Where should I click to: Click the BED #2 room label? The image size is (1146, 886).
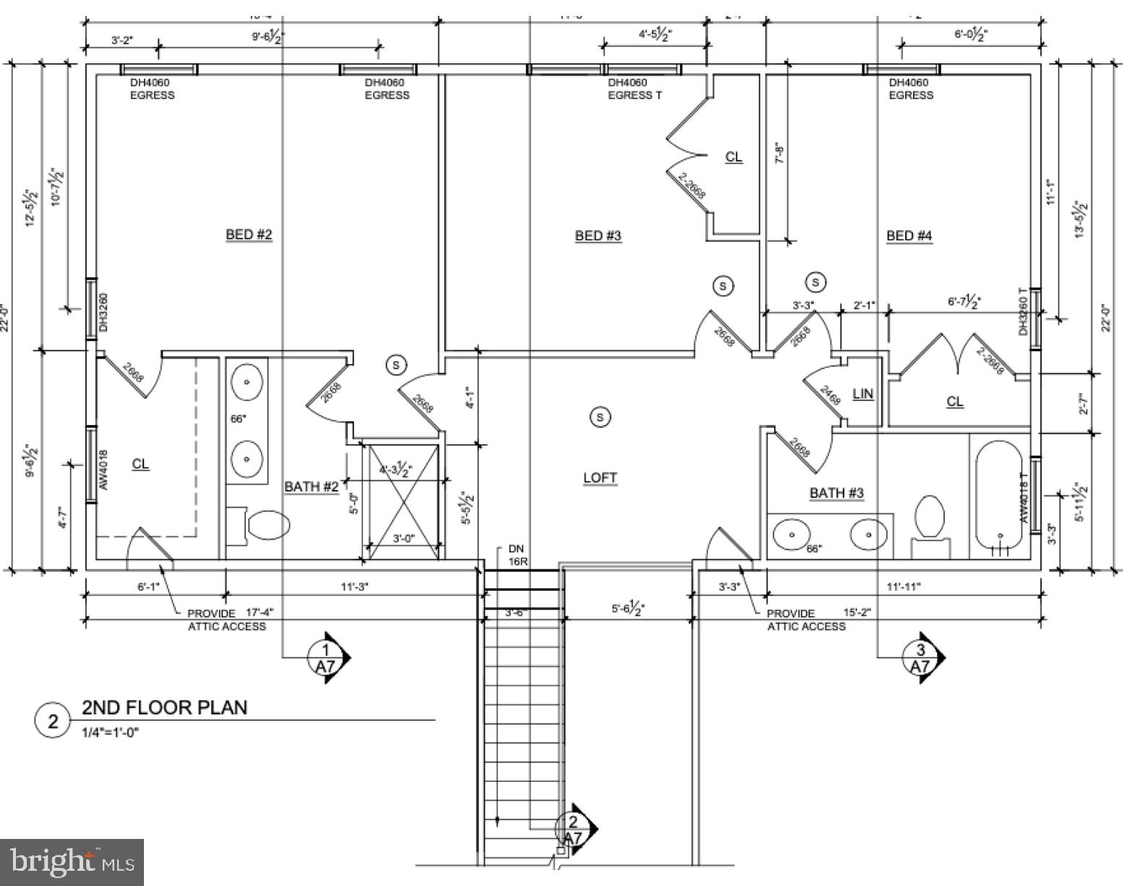249,235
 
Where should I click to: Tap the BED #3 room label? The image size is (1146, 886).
598,235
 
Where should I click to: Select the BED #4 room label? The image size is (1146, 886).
909,235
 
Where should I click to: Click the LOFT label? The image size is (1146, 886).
600,478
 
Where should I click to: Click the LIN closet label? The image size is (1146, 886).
863,394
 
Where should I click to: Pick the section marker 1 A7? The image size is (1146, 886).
327,657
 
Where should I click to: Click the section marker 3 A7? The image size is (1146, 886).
921,657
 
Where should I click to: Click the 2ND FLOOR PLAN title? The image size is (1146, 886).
164,707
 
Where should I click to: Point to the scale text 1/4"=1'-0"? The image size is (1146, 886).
110,732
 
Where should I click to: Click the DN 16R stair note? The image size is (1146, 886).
517,555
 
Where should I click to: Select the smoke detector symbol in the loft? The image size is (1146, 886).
599,416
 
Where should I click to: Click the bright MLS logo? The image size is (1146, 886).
72,862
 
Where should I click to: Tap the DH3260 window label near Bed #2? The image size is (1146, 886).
103,312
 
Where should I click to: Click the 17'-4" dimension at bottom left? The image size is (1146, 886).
260,612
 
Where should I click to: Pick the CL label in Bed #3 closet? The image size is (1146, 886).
734,157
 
